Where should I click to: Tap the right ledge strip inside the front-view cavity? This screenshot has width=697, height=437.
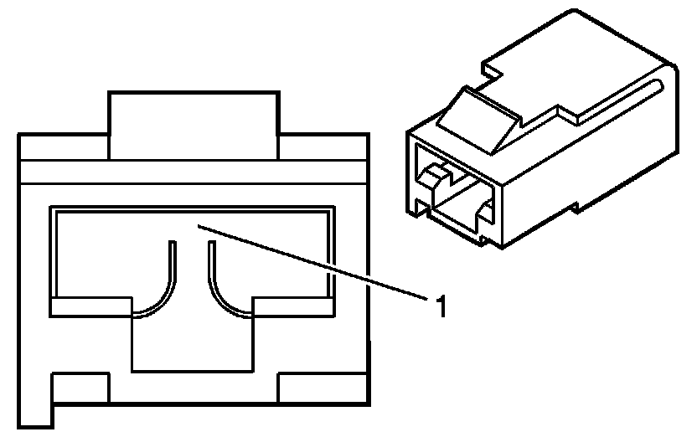[292, 306]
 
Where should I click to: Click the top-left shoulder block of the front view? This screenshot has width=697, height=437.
[64, 147]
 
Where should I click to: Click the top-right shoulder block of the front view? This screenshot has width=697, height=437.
[323, 147]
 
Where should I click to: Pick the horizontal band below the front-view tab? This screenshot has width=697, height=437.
[193, 171]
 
